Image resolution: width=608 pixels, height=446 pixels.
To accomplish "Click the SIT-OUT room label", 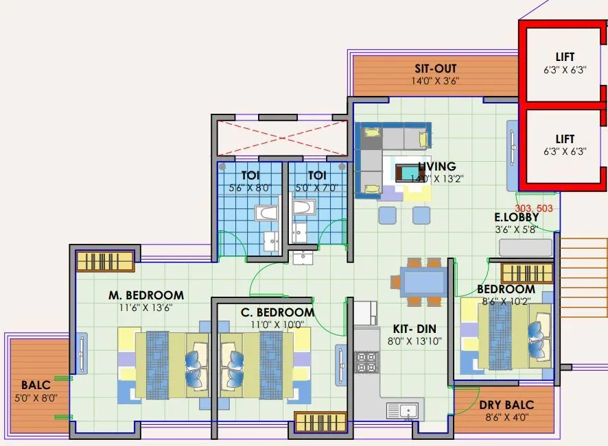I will point(436,69).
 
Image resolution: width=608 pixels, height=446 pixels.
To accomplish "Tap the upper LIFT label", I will point(565,57).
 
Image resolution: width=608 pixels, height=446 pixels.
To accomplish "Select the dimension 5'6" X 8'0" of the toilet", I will point(250,188).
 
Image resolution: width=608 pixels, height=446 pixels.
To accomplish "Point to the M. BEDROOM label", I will point(146,295).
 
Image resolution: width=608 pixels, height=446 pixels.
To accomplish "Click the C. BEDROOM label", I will point(277,312).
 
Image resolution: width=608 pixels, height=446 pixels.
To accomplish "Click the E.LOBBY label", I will point(517,218).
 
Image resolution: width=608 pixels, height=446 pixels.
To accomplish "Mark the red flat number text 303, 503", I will point(533,208).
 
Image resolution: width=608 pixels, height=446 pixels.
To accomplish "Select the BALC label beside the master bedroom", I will point(34,385).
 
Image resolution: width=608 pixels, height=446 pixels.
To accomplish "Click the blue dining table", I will point(422,282).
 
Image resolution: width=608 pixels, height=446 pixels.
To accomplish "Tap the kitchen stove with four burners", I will point(367,361).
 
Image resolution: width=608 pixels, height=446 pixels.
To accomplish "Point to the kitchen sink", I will point(404,410).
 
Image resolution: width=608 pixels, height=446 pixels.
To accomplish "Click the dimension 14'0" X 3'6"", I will point(436,81).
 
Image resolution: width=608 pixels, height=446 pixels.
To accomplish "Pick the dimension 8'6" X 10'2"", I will point(506,301).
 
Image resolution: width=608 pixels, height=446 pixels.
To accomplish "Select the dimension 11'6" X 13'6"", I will point(146,308).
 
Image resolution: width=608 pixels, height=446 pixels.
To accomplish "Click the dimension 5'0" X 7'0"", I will point(317,188).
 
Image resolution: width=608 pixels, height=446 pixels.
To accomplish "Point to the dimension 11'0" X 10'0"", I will point(277,325).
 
